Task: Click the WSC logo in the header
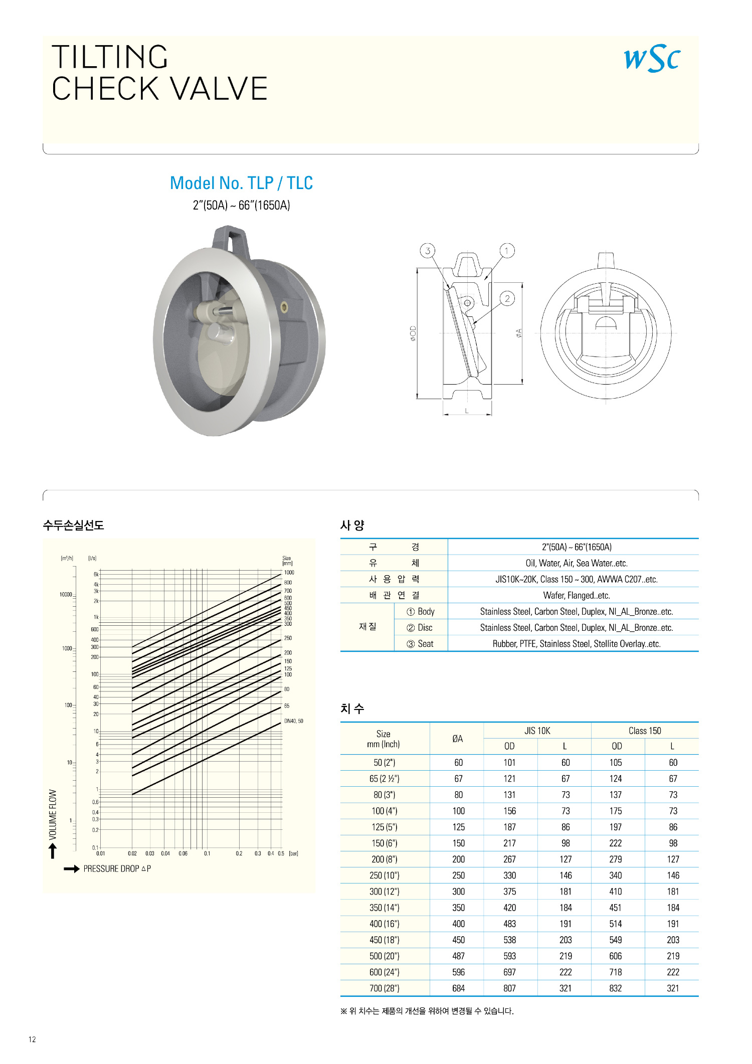coord(652,59)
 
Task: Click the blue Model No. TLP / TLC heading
coord(241,183)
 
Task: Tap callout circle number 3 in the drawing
coord(427,251)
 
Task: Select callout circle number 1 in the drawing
coord(507,250)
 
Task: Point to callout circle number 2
coord(507,299)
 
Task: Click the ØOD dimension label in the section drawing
coord(413,333)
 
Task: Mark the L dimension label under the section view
coord(467,411)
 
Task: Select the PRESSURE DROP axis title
coord(117,868)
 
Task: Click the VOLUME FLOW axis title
coord(53,814)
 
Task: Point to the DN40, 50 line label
coord(293,721)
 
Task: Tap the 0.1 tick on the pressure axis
coord(207,853)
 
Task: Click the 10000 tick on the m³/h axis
coord(66,594)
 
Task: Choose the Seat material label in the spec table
coord(425,644)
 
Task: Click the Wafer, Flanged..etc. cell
coord(577,596)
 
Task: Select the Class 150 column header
coord(645,731)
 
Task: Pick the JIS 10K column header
coord(537,731)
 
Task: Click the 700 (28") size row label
coord(384,988)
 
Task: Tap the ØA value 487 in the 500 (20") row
coord(458,956)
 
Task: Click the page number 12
coord(32,1039)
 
